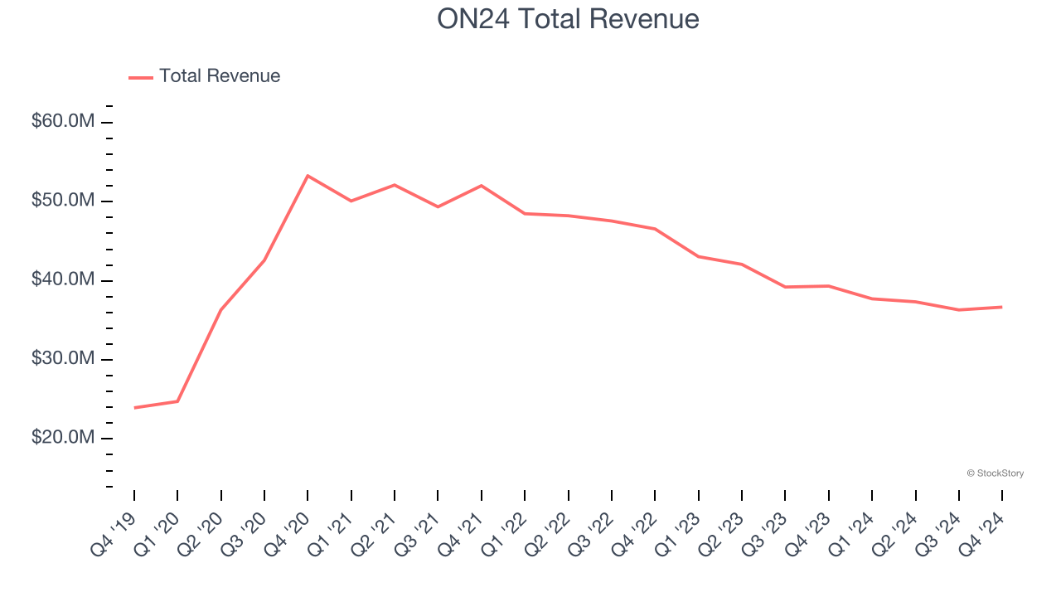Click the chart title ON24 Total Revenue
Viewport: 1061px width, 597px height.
(568, 19)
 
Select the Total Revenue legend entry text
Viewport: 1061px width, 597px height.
(220, 76)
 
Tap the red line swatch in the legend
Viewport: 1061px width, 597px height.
(141, 77)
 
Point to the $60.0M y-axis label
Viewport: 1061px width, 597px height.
(63, 122)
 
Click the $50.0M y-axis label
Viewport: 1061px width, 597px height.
(63, 201)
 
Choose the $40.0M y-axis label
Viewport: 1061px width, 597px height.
(63, 280)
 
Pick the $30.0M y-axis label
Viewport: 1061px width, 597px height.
(63, 359)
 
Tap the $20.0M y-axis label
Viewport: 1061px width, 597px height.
(63, 438)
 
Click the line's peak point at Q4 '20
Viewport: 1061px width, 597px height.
(308, 176)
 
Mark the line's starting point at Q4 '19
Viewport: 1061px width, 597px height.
(134, 407)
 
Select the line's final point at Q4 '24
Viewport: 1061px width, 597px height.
(1001, 307)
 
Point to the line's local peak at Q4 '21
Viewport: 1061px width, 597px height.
(482, 186)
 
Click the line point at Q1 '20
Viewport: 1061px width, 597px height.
(177, 401)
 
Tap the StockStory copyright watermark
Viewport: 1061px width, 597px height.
(995, 473)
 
